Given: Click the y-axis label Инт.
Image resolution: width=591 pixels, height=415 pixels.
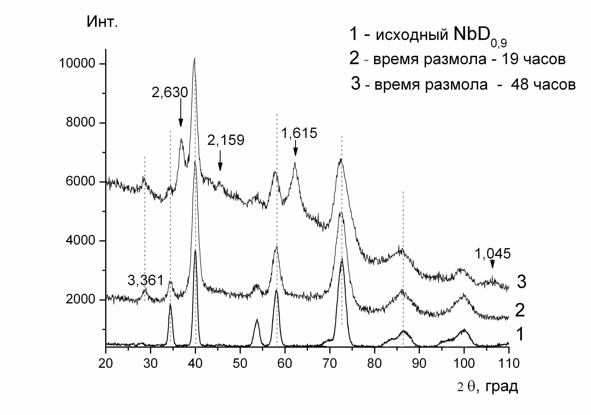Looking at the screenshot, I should pos(102,22).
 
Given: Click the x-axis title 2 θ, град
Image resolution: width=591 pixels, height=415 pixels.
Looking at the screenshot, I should pos(487,386).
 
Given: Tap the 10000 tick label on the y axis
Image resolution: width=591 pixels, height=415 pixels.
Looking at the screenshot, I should pos(77,63).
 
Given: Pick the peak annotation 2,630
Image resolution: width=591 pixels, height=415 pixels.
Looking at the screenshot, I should pos(170,92).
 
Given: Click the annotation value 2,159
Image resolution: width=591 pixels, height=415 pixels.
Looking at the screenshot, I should pos(226,140).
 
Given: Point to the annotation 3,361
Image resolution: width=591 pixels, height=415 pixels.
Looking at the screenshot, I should pos(146,280).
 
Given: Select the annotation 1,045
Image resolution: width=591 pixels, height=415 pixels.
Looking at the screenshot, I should pos(492,254).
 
